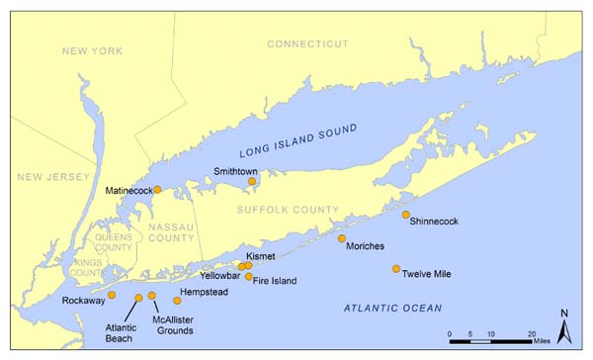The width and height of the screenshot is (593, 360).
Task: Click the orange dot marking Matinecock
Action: click(157, 190)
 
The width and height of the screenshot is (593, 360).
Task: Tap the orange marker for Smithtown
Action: click(252, 181)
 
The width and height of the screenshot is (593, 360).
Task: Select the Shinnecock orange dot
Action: click(405, 215)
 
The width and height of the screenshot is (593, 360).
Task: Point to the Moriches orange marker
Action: click(342, 238)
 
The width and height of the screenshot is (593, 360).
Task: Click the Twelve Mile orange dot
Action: click(396, 269)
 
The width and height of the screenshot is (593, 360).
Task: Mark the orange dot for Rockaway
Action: click(112, 295)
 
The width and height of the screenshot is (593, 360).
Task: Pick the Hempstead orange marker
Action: click(178, 300)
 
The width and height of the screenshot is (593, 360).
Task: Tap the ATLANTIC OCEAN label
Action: click(393, 309)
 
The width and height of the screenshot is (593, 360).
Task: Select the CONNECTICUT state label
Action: click(308, 45)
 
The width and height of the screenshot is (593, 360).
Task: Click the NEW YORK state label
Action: click(90, 50)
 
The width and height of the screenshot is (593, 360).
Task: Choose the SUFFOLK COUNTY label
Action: click(288, 210)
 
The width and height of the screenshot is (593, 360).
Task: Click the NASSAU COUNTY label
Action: click(172, 233)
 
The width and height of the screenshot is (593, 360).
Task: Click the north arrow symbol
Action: click(563, 327)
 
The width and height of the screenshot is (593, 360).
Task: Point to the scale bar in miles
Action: click(492, 341)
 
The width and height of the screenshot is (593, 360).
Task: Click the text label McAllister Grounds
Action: click(172, 325)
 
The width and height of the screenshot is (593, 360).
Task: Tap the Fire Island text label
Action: click(275, 281)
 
